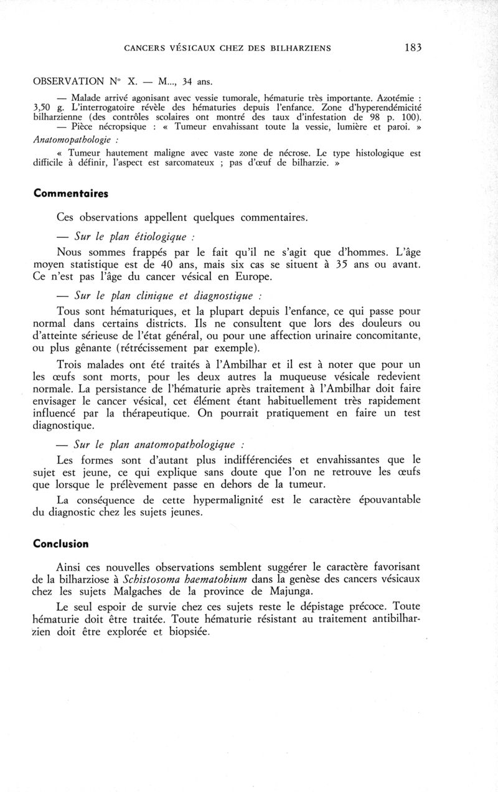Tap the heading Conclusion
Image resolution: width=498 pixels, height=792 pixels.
(61, 543)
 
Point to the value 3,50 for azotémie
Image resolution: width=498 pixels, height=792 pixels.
(44, 108)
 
